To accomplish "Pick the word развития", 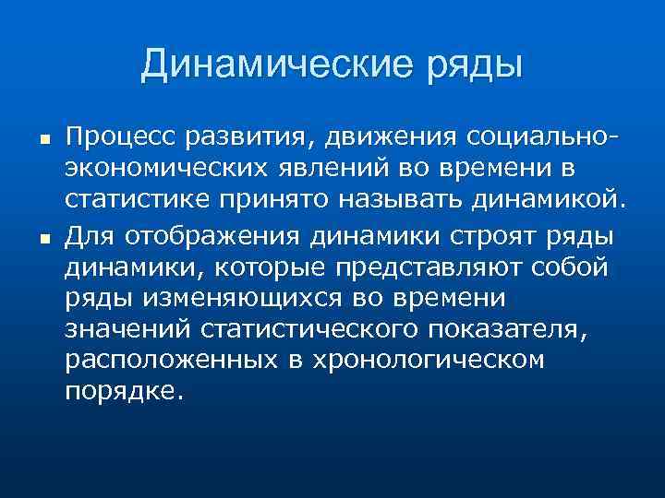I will pos(245,138).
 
